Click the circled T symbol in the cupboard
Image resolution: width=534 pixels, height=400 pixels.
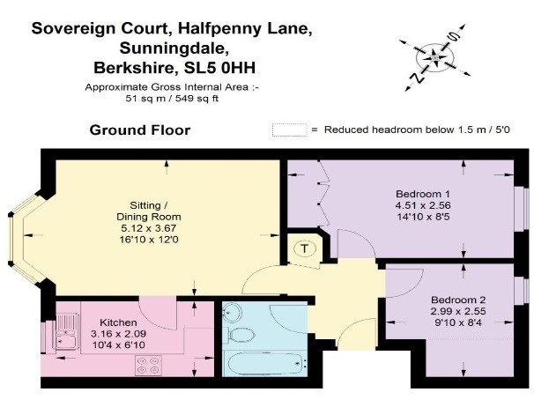coord(305,248)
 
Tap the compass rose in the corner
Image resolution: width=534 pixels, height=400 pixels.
coord(435,57)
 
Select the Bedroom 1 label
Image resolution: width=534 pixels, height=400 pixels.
coord(423,194)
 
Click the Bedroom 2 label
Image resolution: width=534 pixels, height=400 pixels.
coord(458,300)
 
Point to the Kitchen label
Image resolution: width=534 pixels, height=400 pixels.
coord(118,322)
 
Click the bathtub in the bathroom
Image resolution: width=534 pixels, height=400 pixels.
coord(265,363)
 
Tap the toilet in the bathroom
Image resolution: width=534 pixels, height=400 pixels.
coord(241,335)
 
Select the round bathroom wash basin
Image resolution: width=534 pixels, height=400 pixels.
coord(232,312)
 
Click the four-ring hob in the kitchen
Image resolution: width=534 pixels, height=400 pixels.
coord(148,365)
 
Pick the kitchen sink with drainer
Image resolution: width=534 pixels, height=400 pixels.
coord(67,331)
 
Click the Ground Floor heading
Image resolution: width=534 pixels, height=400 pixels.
coord(140,130)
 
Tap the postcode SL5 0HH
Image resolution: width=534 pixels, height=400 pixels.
coord(219,68)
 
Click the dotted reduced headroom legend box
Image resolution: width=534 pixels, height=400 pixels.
coord(290,130)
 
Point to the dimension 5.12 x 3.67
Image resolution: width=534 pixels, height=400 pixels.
coord(149,228)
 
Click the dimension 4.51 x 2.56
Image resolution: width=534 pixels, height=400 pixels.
coord(423,205)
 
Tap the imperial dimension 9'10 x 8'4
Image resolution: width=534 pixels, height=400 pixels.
coord(458,322)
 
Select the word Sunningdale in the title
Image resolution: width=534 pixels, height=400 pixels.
coord(174,48)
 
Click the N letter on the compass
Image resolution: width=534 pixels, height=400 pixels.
coord(417,78)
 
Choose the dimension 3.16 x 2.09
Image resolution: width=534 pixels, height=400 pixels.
coord(118,334)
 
